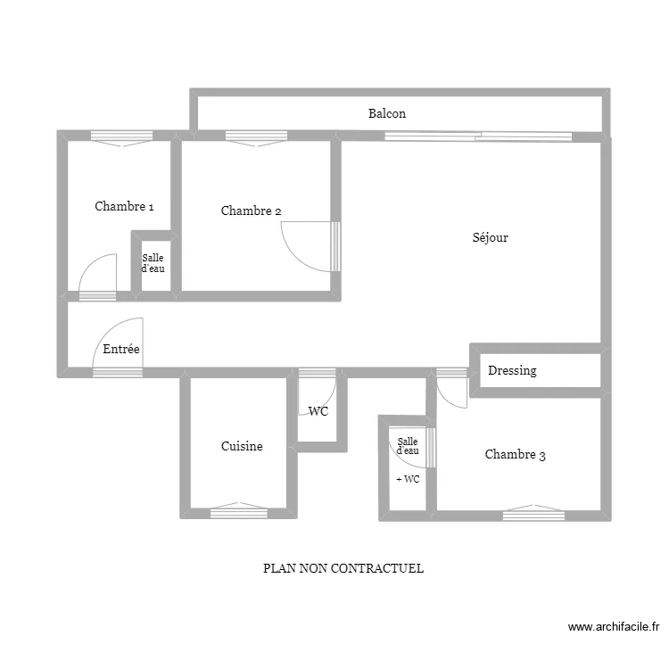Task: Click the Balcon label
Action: tap(386, 113)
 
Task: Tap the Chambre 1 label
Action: tap(124, 206)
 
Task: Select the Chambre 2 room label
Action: tap(252, 211)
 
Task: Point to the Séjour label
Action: tap(490, 237)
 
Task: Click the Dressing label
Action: tap(512, 370)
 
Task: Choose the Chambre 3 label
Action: tap(515, 454)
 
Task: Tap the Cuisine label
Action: tap(242, 446)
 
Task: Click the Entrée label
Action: tap(121, 350)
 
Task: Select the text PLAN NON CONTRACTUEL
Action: tap(343, 568)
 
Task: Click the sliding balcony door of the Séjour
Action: tap(478, 136)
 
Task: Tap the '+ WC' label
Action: tap(408, 479)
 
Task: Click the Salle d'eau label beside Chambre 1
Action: tap(153, 263)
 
